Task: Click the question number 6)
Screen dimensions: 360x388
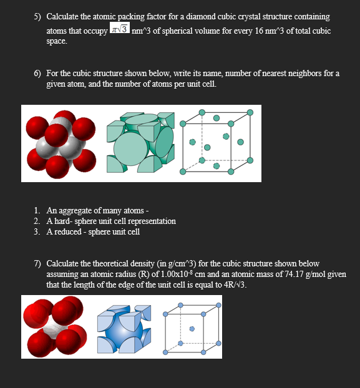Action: (38, 74)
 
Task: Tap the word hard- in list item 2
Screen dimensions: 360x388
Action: (64, 221)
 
